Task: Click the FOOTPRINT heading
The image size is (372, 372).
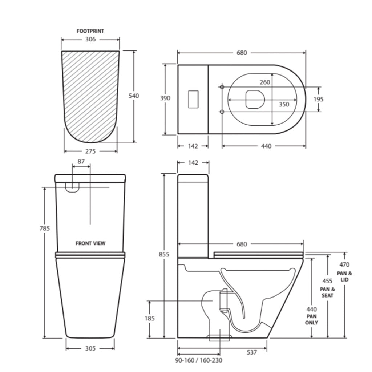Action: [x=90, y=31]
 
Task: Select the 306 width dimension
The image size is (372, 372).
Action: [x=90, y=40]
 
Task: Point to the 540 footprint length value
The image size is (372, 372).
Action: [x=134, y=96]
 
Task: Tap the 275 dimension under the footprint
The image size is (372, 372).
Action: [x=90, y=151]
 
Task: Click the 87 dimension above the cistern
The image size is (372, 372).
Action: [x=81, y=161]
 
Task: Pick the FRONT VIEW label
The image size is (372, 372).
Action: [x=90, y=243]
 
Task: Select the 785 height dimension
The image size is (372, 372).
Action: [x=45, y=229]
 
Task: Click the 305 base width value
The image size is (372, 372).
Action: [x=90, y=348]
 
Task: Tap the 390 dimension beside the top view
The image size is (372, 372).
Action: [x=165, y=98]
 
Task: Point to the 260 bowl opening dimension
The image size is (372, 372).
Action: [x=265, y=82]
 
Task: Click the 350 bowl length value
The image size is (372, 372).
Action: [x=284, y=104]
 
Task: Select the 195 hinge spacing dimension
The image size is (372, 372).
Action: [x=319, y=99]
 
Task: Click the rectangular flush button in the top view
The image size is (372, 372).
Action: [x=193, y=99]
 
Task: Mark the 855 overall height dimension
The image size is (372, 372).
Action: [x=165, y=255]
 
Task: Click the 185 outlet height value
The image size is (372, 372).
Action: [x=149, y=319]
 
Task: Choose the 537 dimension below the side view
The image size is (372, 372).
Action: [x=251, y=352]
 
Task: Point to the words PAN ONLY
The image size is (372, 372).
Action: [x=311, y=319]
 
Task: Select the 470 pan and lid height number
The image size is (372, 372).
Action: [x=344, y=265]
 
